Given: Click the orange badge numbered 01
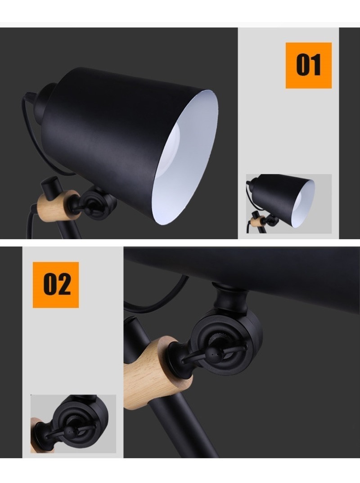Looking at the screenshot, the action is (309, 65).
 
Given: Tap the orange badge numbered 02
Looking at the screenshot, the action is (56, 285).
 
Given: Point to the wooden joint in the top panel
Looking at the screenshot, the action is (58, 206).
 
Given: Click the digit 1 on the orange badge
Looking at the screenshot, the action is (315, 65).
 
